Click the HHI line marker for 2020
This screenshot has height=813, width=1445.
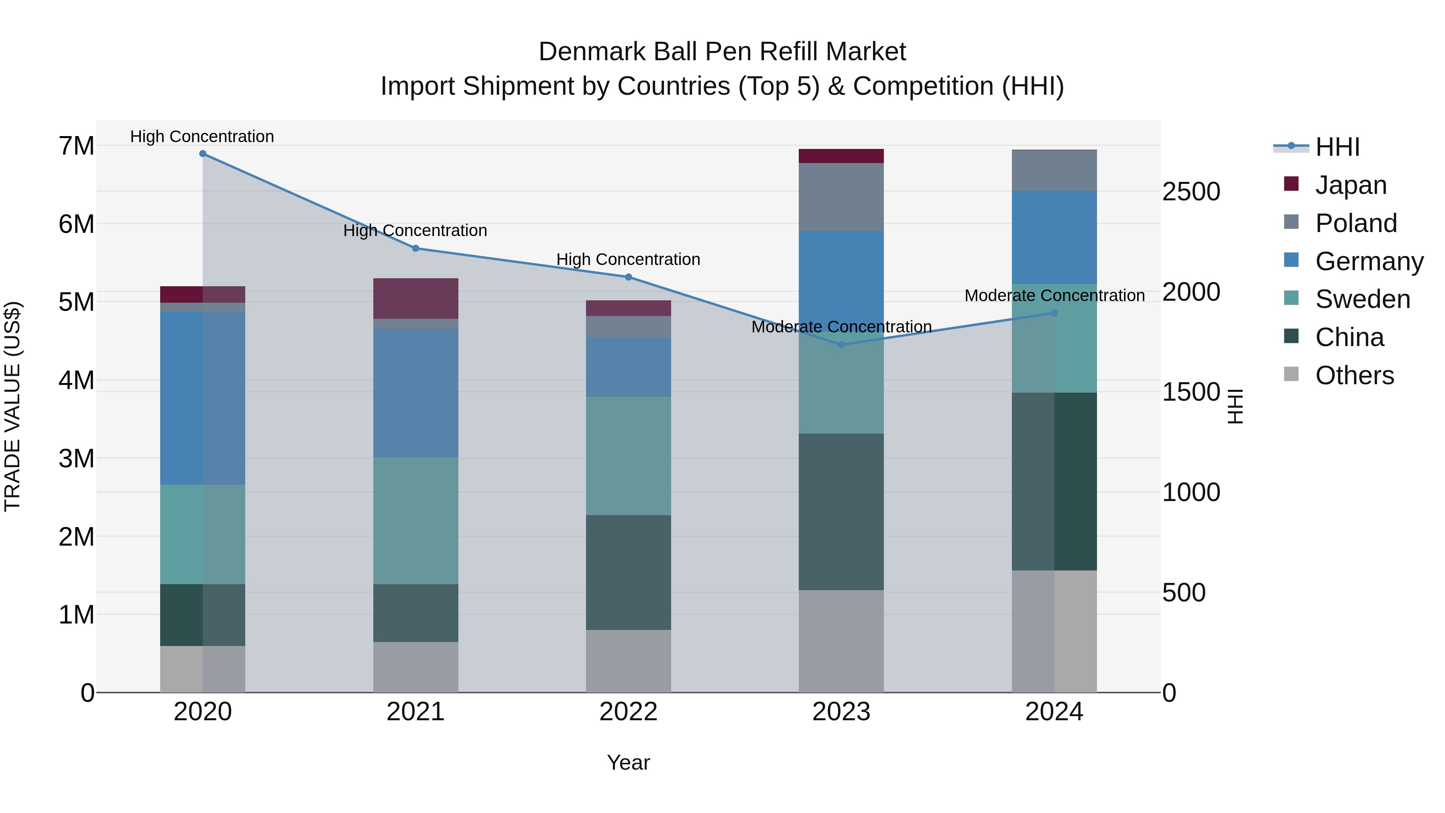tap(203, 154)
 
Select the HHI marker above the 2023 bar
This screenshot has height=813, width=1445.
tap(841, 344)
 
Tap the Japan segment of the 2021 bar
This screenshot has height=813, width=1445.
tap(416, 298)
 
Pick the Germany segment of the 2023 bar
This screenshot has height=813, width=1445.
tap(841, 281)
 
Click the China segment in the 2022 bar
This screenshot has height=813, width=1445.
tap(628, 572)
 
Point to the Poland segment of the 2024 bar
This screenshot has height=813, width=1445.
tap(1054, 171)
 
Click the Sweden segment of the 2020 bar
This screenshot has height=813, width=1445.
tap(203, 534)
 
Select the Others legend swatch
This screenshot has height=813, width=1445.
tap(1291, 374)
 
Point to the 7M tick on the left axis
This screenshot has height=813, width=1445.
tap(76, 146)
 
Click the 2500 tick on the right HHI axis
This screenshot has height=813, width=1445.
tap(1191, 192)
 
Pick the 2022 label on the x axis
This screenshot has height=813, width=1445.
tap(628, 712)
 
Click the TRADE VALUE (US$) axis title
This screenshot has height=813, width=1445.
tap(12, 406)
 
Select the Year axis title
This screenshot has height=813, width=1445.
tap(628, 762)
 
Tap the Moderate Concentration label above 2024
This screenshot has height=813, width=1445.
tap(1054, 295)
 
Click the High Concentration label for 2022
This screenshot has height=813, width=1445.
tap(628, 259)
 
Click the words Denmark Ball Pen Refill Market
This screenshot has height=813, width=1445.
tap(722, 52)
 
